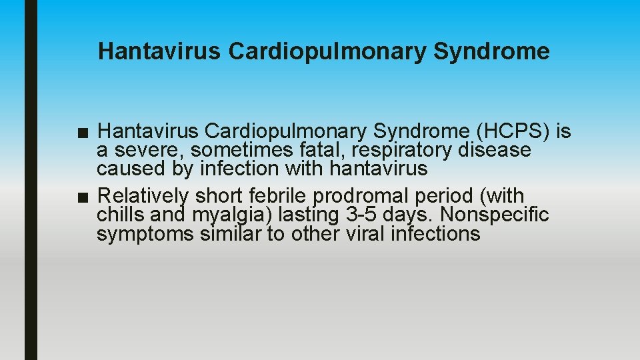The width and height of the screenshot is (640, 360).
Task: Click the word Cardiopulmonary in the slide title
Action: pyautogui.click(x=326, y=51)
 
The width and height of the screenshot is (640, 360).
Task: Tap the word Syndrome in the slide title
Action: pyautogui.click(x=492, y=51)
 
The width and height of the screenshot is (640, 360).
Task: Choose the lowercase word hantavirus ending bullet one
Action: pyautogui.click(x=378, y=169)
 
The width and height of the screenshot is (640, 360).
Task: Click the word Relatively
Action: pyautogui.click(x=143, y=197)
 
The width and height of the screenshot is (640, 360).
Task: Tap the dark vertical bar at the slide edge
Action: pyautogui.click(x=31, y=180)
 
